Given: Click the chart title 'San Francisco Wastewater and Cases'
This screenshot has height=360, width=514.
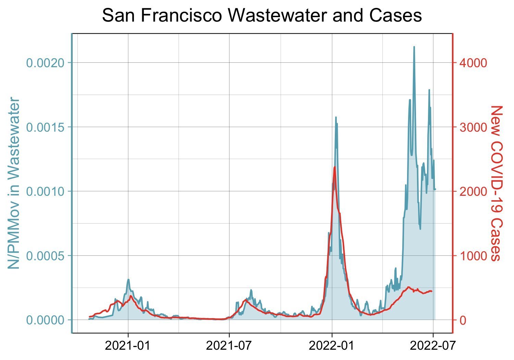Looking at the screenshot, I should tap(262, 16).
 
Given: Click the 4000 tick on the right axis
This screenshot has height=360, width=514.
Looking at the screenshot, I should tap(473, 63).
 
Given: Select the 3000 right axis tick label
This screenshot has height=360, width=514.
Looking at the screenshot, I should tap(473, 127).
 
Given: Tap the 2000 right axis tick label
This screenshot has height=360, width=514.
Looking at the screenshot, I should tap(473, 191).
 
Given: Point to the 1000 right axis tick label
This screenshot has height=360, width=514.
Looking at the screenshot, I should tap(473, 256).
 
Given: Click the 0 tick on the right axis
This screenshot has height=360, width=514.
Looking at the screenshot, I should tap(463, 320).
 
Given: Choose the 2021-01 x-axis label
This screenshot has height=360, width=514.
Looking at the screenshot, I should tap(128, 346).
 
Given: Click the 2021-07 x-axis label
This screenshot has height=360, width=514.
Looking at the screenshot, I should tap(229, 346).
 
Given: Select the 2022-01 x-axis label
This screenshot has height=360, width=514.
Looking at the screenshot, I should tap(332, 346).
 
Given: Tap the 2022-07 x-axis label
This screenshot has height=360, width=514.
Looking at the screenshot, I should tap(433, 346).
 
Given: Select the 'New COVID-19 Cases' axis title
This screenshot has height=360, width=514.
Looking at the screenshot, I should tap(496, 183).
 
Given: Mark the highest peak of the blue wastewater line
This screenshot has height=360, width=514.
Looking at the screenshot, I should tap(414, 47).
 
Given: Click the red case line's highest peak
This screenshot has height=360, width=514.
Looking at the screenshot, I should tap(334, 167).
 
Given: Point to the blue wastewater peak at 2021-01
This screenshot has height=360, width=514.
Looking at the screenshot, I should tap(128, 279).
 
